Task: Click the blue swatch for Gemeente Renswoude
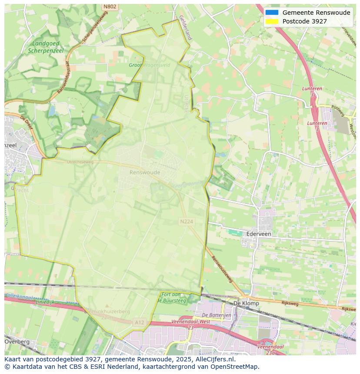272,13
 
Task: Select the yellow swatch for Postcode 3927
272,21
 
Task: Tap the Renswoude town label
145,172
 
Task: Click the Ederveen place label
259,234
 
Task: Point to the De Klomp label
246,303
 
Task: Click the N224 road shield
186,222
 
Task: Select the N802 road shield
110,7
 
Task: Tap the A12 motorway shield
139,322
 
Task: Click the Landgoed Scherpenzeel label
46,47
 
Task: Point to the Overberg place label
17,341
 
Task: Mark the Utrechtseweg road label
80,162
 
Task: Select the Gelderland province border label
185,30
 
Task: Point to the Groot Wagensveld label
149,65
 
